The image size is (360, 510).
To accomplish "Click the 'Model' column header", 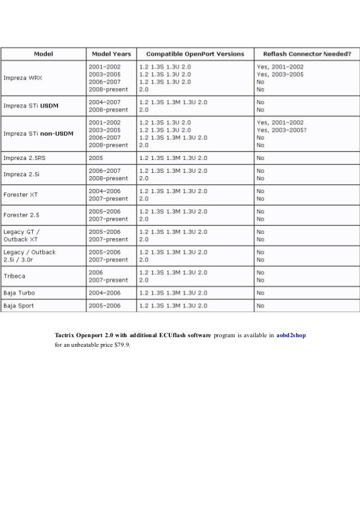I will point(43,54).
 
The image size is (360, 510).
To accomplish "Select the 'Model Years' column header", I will point(110,54).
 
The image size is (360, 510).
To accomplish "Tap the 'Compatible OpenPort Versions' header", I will point(195,54).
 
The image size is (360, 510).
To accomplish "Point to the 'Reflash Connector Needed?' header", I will point(308,54).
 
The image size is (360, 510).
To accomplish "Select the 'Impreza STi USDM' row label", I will point(34,106).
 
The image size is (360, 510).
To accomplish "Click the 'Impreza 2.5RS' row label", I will point(22,157).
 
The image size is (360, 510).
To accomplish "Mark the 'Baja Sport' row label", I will point(19,306).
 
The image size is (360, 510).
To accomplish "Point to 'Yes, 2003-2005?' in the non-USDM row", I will point(282,129).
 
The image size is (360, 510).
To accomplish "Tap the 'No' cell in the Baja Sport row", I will point(260,306).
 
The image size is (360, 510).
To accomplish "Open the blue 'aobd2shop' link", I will point(291,335).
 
